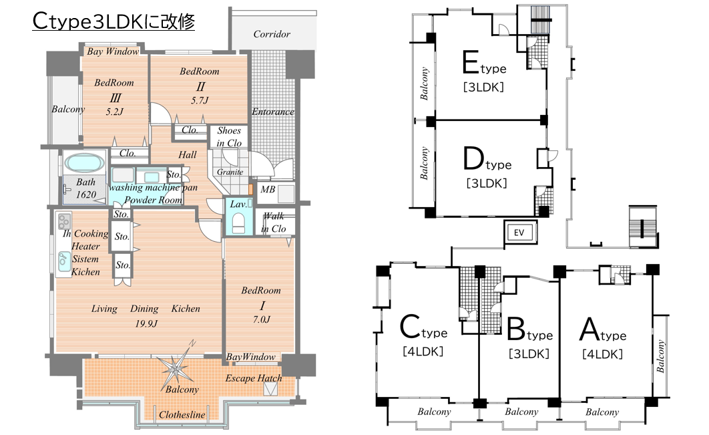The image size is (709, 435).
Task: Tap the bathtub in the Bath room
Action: [x=83, y=163]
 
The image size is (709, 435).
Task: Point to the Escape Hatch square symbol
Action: [x=271, y=389]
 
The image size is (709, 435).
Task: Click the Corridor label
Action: [x=272, y=34]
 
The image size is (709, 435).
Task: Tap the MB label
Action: [x=268, y=189]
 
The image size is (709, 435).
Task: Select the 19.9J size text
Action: [x=146, y=323]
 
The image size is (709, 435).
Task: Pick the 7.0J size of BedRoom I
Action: [x=262, y=319]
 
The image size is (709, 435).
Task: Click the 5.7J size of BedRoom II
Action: [x=200, y=100]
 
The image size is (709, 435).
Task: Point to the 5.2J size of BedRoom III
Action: [x=114, y=112]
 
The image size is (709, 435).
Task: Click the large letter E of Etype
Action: [x=471, y=62]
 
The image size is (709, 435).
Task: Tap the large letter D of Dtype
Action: [x=473, y=158]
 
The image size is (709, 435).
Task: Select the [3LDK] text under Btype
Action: [x=529, y=353]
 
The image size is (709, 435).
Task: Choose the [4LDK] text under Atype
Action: [x=602, y=353]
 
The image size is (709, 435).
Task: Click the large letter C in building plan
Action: [x=410, y=327]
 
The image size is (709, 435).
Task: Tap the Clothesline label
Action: [x=182, y=415]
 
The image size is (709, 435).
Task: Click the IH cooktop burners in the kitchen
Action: [x=64, y=221]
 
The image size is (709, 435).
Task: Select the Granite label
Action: [x=230, y=172]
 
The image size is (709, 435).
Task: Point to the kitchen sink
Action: [x=63, y=262]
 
